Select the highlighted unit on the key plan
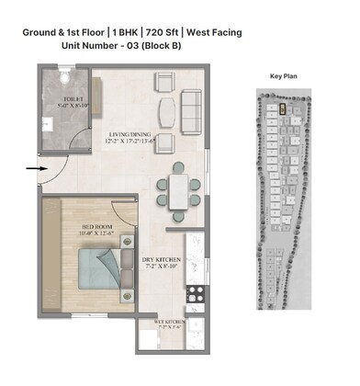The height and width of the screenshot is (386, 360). [282, 108]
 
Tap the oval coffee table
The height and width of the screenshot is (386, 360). [166, 110]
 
